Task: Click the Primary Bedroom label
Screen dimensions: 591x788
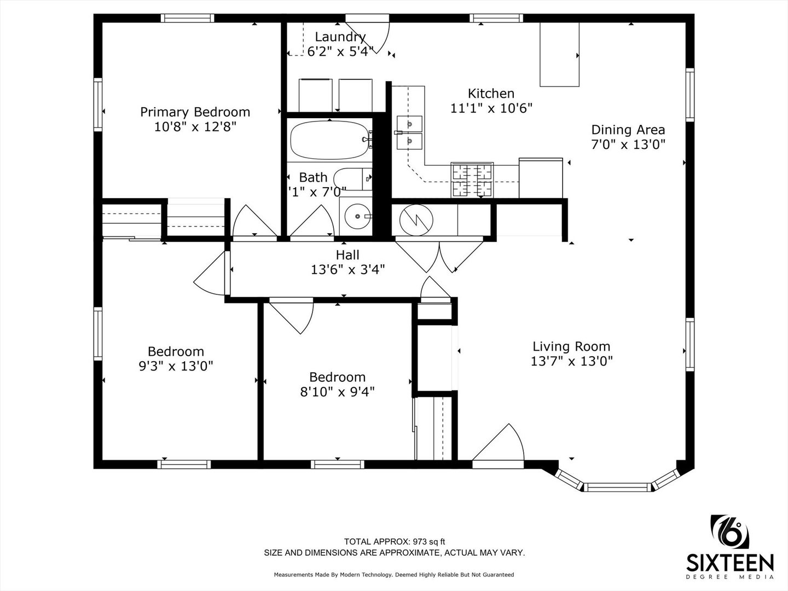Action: pyautogui.click(x=195, y=112)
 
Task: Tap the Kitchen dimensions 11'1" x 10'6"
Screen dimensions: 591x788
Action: pyautogui.click(x=491, y=108)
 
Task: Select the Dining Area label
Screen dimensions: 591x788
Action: pyautogui.click(x=628, y=130)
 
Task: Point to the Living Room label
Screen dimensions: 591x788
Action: pyautogui.click(x=571, y=346)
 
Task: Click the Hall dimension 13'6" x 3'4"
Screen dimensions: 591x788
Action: pyautogui.click(x=347, y=269)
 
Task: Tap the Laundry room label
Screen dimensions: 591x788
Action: pyautogui.click(x=340, y=37)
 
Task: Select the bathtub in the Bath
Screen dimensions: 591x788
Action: pyautogui.click(x=330, y=140)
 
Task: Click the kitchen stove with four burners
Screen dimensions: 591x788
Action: pyautogui.click(x=472, y=180)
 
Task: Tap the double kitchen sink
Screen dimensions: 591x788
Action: pyautogui.click(x=409, y=132)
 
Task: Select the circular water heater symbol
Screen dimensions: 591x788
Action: pyautogui.click(x=416, y=219)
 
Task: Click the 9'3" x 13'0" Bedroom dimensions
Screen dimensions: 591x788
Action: pyautogui.click(x=176, y=366)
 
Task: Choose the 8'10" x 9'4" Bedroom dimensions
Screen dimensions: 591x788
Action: pyautogui.click(x=337, y=391)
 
